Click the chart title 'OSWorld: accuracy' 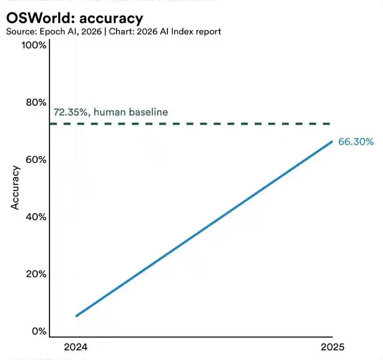(74, 18)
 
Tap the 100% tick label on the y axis (34, 46)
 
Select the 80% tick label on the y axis (35, 102)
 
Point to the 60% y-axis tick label (35, 160)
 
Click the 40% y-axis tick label (35, 217)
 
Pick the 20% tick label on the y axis (35, 274)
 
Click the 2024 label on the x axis (76, 347)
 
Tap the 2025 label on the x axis (332, 347)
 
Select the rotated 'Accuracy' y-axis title (15, 187)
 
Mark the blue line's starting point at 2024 (76, 315)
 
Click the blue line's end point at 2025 (332, 141)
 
